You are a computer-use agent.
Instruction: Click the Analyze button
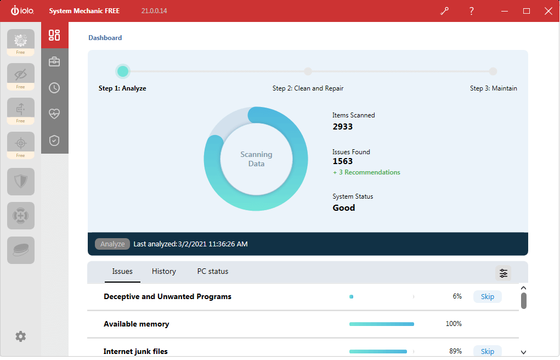point(112,244)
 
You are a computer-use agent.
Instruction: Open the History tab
point(163,271)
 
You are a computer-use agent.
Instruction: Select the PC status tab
point(212,271)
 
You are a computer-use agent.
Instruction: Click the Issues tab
point(122,271)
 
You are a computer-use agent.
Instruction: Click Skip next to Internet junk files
point(487,351)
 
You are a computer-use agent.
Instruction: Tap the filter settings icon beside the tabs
point(503,273)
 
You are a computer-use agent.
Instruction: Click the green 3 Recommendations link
point(366,172)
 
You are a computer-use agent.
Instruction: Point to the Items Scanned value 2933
point(343,127)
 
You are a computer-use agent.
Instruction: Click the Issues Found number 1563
point(343,161)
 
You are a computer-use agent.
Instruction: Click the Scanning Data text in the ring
point(256,159)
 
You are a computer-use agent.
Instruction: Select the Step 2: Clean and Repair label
point(308,88)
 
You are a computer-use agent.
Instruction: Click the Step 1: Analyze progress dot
point(123,71)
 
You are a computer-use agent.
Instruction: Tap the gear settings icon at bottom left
point(20,336)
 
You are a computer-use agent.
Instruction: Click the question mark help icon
point(471,11)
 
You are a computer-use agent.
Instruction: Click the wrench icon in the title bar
point(444,11)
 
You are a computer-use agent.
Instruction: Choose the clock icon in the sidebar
point(54,88)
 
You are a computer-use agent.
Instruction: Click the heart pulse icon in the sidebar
point(54,114)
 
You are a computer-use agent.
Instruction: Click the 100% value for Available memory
point(454,324)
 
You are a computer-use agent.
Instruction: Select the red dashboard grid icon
point(54,35)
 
